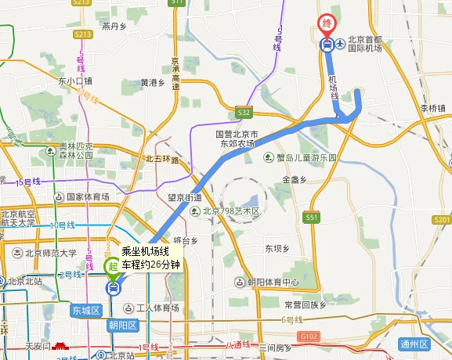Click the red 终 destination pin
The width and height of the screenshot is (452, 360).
pyautogui.click(x=327, y=24)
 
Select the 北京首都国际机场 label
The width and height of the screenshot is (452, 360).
pyautogui.click(x=364, y=45)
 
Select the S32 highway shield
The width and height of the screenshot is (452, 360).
pyautogui.click(x=244, y=112)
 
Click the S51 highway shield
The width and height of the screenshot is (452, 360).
pyautogui.click(x=312, y=216)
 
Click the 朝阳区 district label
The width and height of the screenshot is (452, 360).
pyautogui.click(x=122, y=325)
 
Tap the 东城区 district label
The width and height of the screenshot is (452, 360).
pyautogui.click(x=86, y=310)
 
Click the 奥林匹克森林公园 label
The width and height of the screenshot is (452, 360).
pyautogui.click(x=77, y=150)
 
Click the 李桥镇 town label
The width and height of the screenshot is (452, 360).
pyautogui.click(x=432, y=108)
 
